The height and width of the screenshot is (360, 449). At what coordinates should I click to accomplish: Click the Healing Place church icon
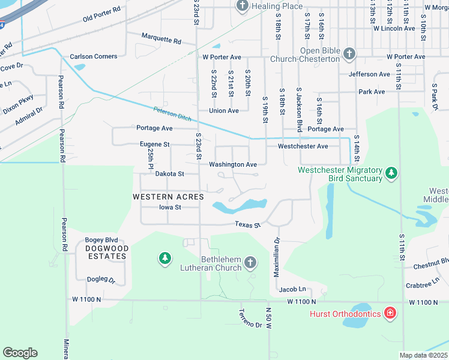point(242,6)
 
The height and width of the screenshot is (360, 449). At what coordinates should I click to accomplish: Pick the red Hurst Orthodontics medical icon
point(390,313)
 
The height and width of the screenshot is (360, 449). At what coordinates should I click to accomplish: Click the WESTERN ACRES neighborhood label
point(168,197)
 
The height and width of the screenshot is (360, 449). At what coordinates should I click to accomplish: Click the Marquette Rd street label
point(161,40)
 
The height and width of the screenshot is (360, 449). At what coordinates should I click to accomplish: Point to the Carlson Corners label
point(94,56)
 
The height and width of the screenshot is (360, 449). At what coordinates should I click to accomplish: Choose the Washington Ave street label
point(233,164)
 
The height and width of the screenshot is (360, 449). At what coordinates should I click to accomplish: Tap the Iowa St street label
point(170,208)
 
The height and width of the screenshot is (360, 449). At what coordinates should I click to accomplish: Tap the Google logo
point(20,353)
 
